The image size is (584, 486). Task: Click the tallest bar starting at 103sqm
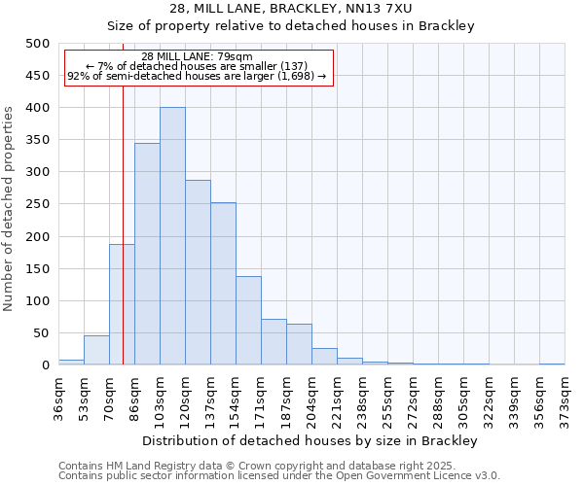point(172,236)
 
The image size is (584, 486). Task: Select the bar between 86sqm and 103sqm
point(147,254)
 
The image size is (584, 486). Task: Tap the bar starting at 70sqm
point(122,304)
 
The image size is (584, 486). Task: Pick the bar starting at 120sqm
point(198,272)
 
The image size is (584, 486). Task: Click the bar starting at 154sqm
point(248,321)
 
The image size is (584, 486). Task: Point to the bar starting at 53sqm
point(96,350)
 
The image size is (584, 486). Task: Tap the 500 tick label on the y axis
point(38,44)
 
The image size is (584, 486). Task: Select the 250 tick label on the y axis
point(38,204)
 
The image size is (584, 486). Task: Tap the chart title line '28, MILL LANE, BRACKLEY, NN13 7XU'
point(291,9)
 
